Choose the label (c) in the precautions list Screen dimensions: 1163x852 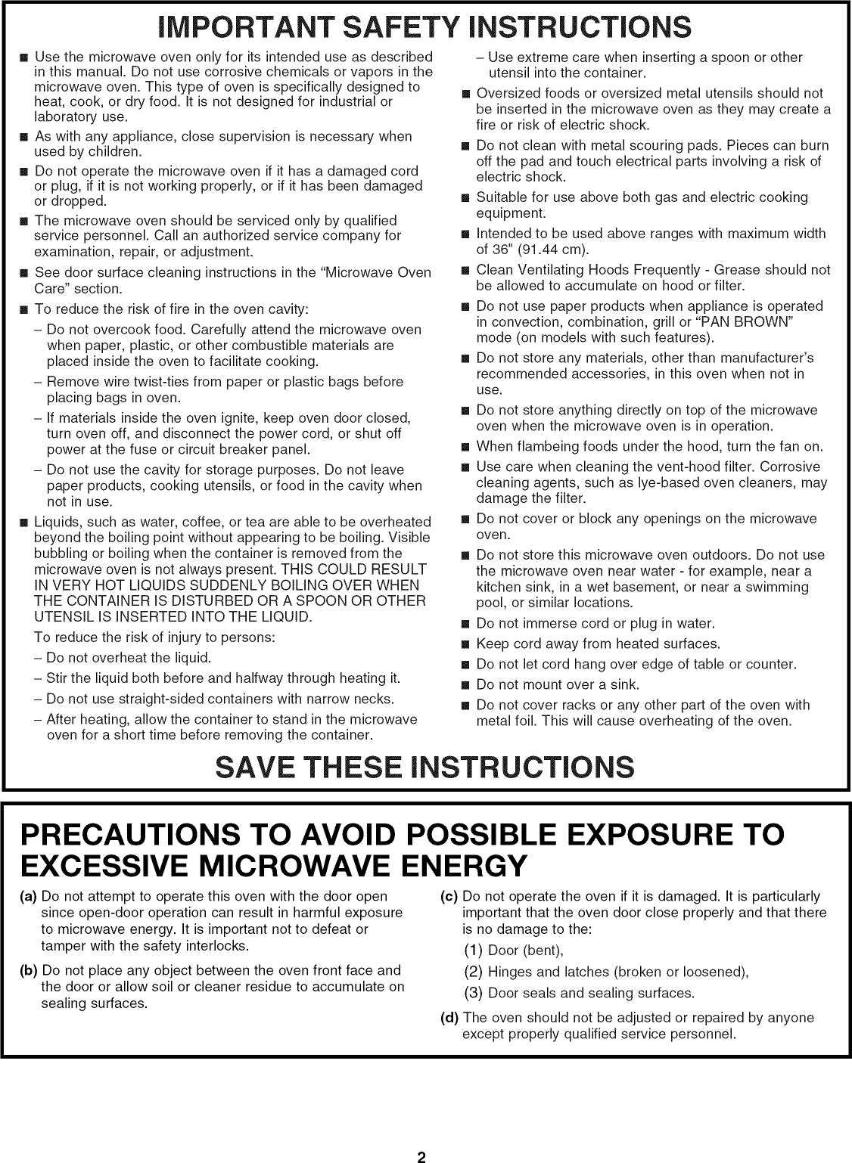449,897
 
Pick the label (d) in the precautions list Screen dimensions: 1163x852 449,1018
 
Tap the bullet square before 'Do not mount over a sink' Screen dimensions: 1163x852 465,685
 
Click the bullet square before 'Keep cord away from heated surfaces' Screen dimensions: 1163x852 465,644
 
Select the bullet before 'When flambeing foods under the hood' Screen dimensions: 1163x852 465,447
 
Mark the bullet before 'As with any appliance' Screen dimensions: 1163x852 23,137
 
